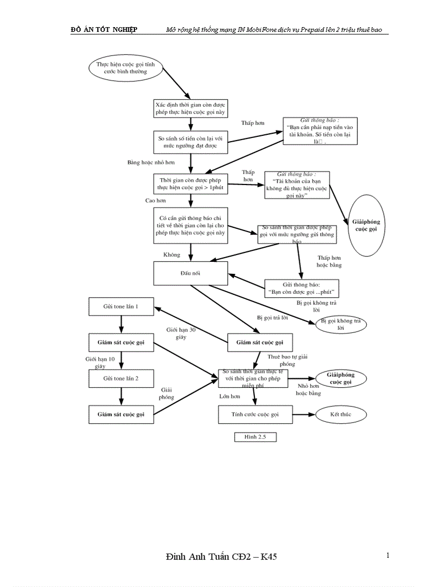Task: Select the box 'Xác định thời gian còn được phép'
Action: click(190, 108)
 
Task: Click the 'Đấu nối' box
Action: click(190, 273)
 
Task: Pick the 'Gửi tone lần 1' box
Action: click(121, 307)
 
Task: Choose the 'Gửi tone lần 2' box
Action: click(121, 378)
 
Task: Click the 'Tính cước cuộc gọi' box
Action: click(255, 415)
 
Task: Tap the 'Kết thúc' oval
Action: click(341, 415)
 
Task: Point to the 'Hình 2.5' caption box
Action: click(255, 437)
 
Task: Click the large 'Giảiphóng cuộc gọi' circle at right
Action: click(366, 225)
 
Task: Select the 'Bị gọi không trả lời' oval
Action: click(341, 325)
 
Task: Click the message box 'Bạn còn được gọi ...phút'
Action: click(300, 288)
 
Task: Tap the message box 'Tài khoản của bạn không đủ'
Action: click(297, 185)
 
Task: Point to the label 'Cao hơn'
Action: click(155, 200)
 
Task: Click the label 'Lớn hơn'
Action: click(229, 397)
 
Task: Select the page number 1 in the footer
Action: click(388, 555)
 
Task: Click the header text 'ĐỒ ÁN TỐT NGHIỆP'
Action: click(104, 30)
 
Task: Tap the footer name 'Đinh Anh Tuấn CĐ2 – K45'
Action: click(220, 557)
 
